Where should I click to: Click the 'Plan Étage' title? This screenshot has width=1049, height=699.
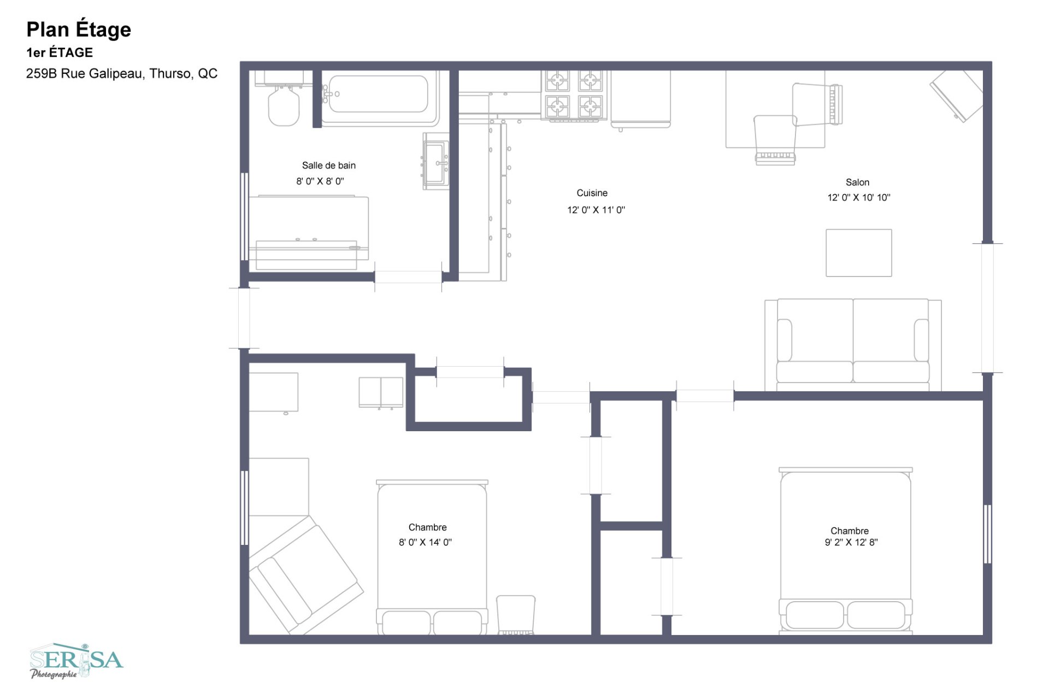[x=79, y=29]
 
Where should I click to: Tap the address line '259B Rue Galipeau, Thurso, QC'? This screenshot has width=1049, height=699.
[x=122, y=73]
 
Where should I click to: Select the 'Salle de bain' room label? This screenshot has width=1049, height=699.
[x=329, y=165]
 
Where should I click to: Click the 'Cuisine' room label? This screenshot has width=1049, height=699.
[x=592, y=193]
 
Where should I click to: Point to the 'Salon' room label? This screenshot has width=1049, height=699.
[x=857, y=182]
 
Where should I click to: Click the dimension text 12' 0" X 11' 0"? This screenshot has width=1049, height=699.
[x=596, y=209]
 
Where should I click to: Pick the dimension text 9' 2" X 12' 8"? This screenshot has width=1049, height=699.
[x=851, y=542]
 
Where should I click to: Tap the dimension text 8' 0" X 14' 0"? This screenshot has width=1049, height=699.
[x=425, y=542]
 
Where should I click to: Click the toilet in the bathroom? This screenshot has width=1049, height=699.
[x=284, y=104]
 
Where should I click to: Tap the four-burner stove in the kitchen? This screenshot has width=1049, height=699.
[x=574, y=95]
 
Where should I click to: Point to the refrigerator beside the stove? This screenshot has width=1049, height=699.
[x=640, y=99]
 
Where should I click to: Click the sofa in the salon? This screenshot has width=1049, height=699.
[x=853, y=345]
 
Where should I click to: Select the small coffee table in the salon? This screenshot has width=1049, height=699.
[x=859, y=253]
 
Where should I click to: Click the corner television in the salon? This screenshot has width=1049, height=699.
[x=956, y=96]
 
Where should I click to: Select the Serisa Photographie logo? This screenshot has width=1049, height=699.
[x=76, y=661]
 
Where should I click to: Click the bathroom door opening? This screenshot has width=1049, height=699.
[x=408, y=277]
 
